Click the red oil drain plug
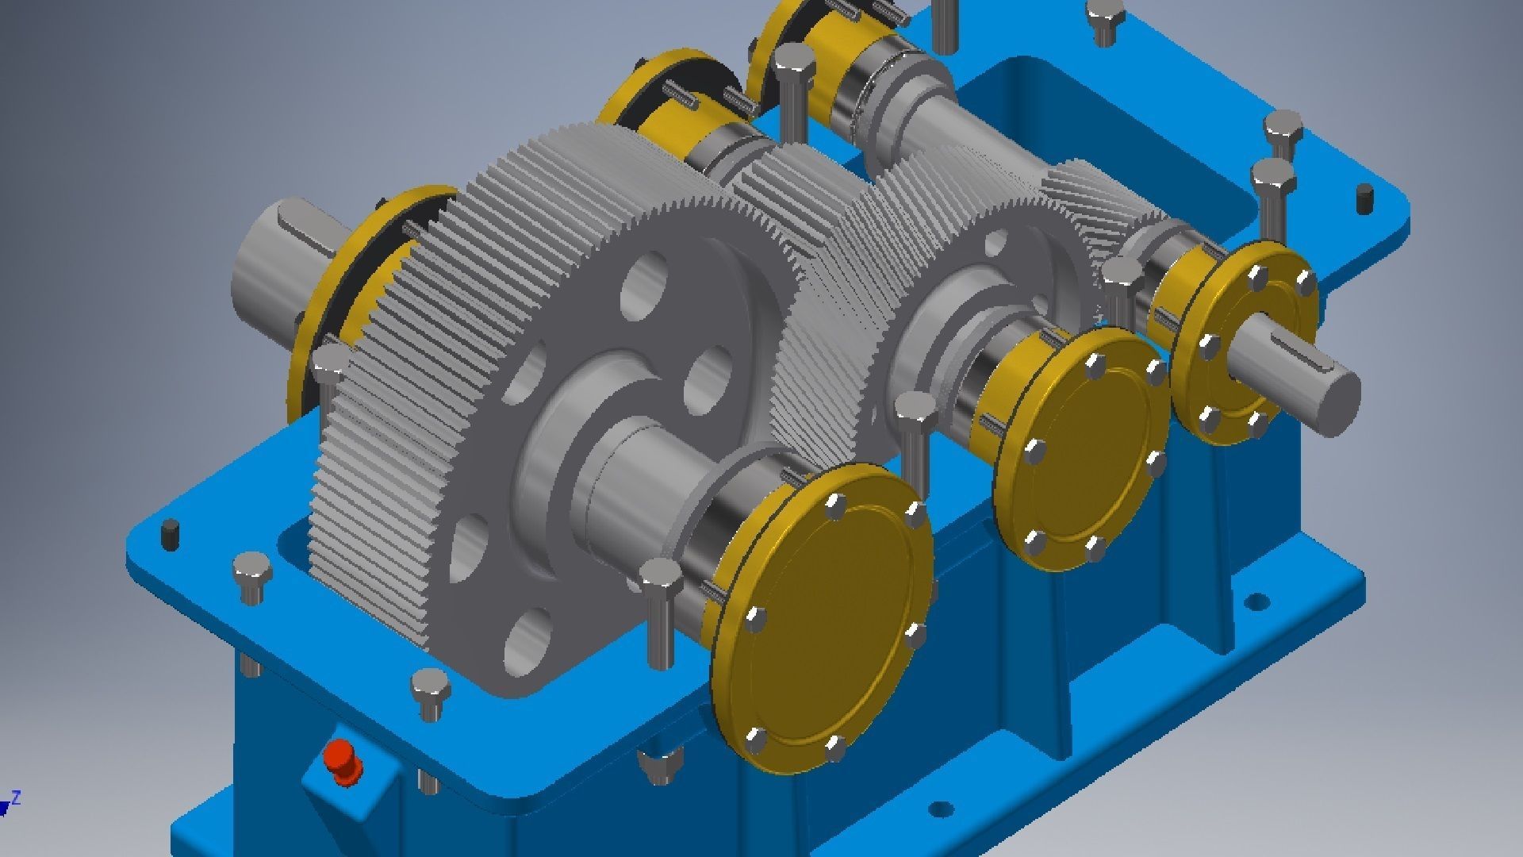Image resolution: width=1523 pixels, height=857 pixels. pyautogui.click(x=343, y=761)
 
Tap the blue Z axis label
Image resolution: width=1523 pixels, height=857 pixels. pyautogui.click(x=17, y=797)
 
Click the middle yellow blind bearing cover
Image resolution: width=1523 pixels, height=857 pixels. pyautogui.click(x=1083, y=449)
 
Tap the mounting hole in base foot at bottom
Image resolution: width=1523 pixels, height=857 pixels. pyautogui.click(x=940, y=810)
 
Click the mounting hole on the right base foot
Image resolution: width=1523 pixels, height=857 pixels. pyautogui.click(x=1255, y=601)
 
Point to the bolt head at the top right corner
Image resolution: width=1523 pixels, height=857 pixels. pyautogui.click(x=1106, y=20)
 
